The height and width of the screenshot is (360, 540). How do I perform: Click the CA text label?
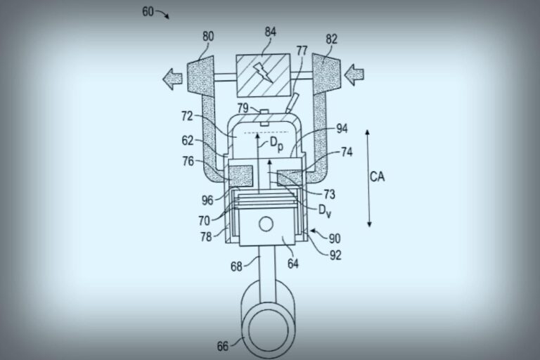tap(378, 176)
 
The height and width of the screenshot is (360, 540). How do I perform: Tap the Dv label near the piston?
tap(325, 209)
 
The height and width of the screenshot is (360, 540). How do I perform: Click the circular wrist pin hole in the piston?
tap(266, 224)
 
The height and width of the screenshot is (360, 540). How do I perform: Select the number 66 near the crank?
tap(223, 345)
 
